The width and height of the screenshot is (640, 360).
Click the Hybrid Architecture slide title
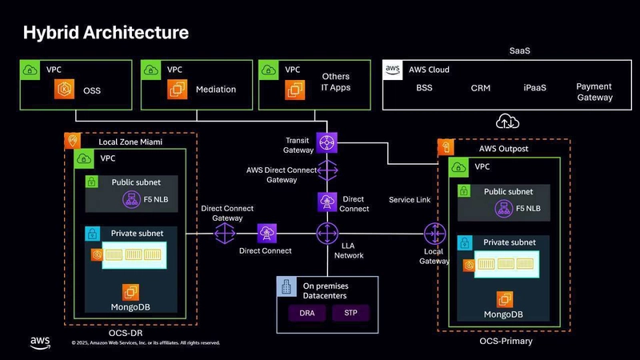[x=106, y=33]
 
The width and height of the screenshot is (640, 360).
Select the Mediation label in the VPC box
[x=216, y=90]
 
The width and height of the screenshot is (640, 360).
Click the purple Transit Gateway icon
[x=327, y=142]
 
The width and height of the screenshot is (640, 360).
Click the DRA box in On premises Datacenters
[x=306, y=313]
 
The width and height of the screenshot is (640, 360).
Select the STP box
[x=350, y=313]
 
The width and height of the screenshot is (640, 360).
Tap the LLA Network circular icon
[x=327, y=234]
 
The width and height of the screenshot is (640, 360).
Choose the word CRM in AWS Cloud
[x=480, y=88]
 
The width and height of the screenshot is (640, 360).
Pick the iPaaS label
[x=534, y=88]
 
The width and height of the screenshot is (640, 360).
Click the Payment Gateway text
[x=594, y=92]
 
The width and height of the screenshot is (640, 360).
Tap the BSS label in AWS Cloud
[x=424, y=88]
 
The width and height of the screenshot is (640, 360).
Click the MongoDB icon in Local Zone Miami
[x=129, y=292]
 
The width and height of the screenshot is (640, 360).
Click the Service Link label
[x=410, y=199]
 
